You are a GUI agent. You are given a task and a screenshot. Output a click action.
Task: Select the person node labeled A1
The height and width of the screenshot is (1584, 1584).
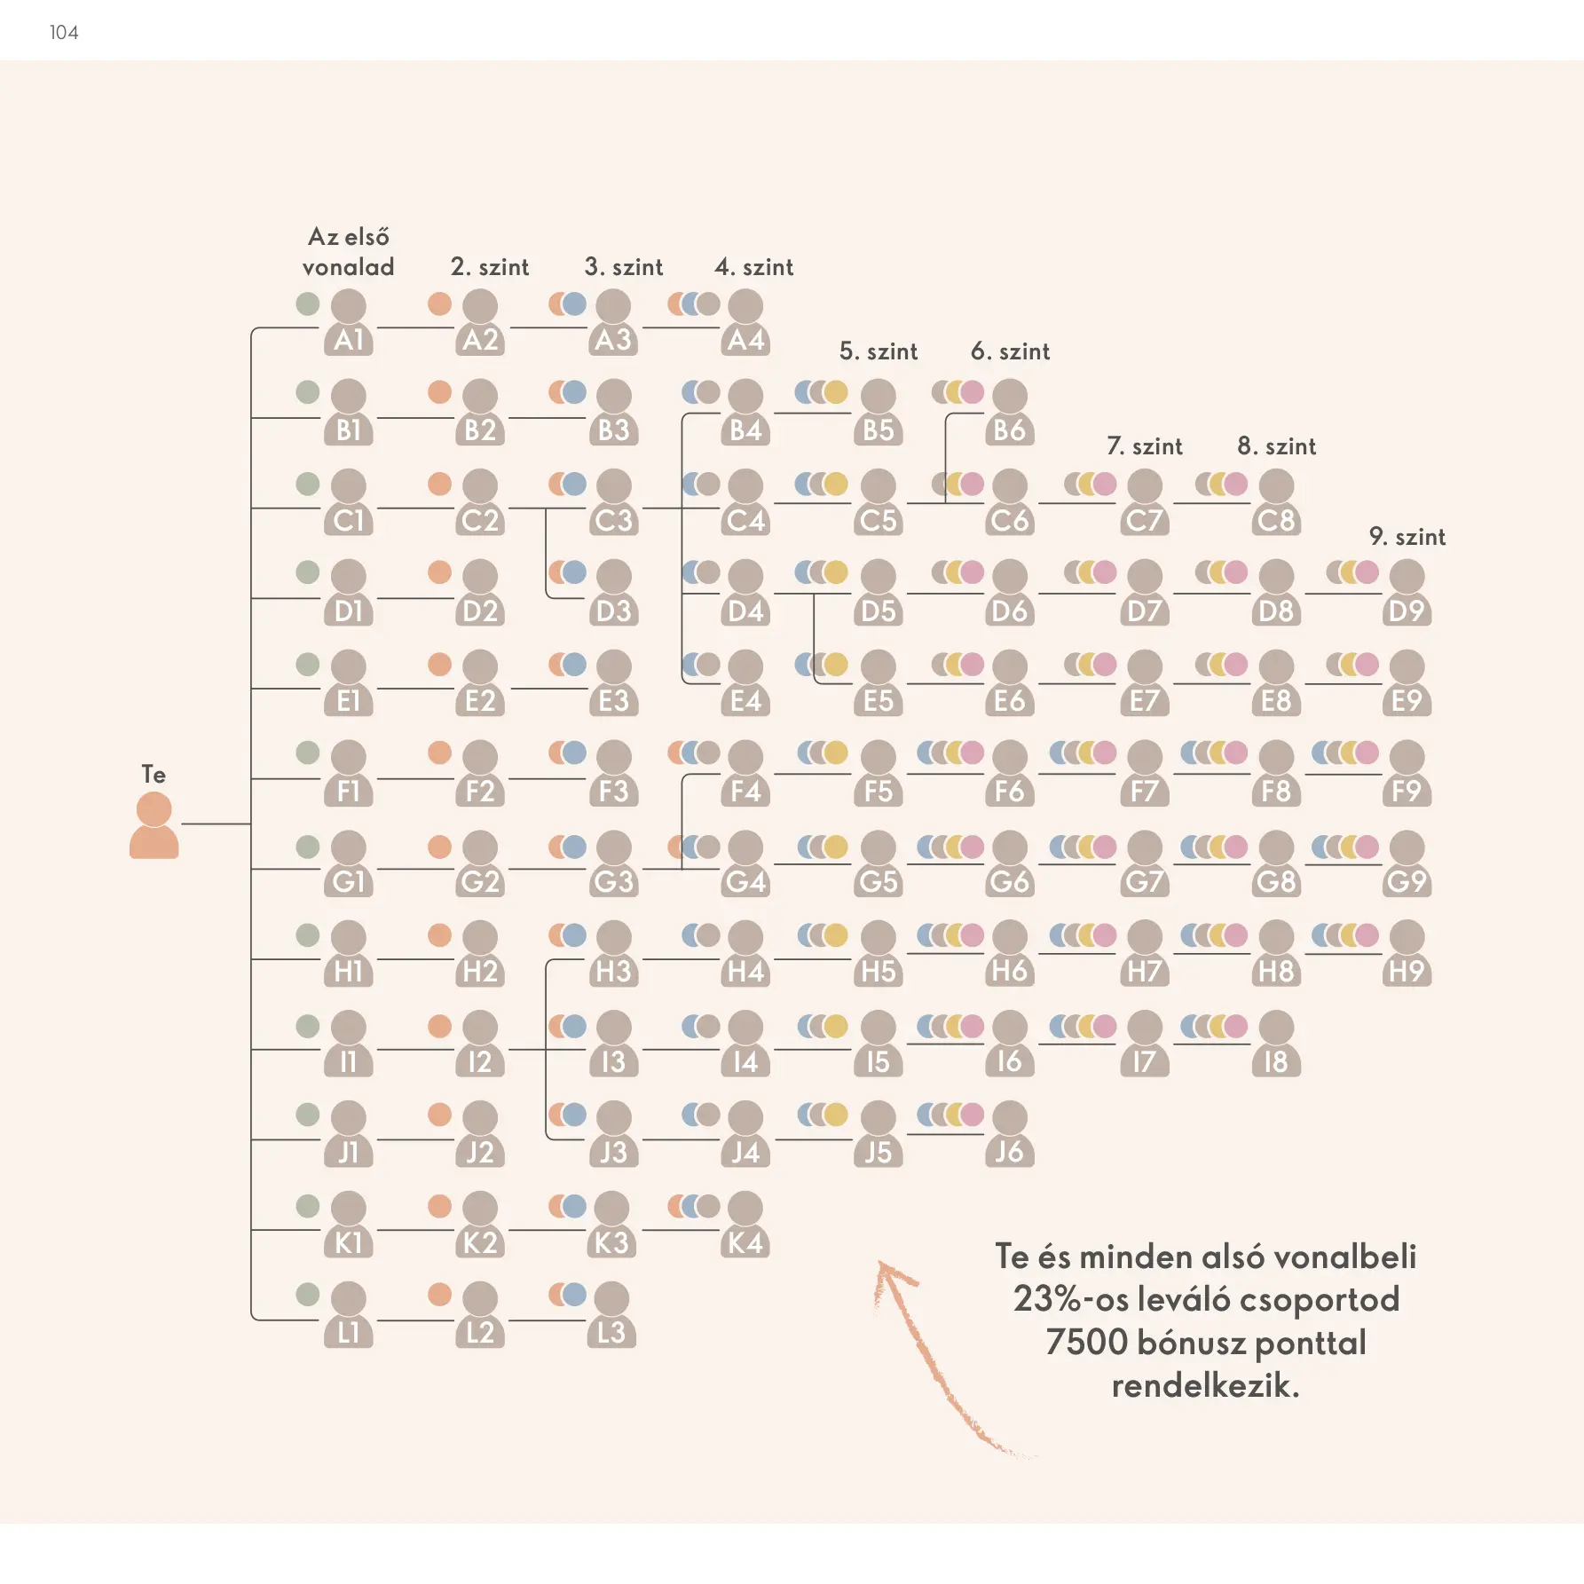point(349,323)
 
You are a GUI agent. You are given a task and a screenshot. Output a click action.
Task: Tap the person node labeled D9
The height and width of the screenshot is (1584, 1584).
point(1407,594)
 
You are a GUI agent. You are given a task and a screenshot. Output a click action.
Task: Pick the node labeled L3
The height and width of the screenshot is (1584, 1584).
point(611,1315)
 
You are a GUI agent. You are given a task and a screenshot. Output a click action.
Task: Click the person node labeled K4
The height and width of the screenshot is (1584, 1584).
point(745,1225)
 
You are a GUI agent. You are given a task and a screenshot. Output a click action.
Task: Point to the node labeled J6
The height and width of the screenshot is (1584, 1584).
point(1010,1134)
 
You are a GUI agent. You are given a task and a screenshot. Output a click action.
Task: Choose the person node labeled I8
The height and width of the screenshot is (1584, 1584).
point(1276,1044)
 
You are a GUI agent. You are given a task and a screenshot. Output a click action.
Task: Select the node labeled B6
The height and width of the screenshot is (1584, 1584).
point(1010,413)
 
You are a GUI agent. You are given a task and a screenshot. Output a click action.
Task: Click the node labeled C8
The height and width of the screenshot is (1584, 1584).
point(1276,503)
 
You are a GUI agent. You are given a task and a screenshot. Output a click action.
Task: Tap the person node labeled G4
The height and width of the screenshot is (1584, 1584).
point(745,863)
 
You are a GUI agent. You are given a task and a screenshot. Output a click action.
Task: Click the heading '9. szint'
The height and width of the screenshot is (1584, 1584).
point(1407,537)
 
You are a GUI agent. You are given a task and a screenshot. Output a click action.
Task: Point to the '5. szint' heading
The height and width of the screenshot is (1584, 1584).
point(879,351)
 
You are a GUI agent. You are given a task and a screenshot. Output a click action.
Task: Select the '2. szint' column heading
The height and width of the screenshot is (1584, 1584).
point(490,267)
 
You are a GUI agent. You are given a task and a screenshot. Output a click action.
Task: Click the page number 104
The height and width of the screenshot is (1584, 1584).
point(64,33)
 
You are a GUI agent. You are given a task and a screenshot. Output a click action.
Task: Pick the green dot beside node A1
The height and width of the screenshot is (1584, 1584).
point(308,303)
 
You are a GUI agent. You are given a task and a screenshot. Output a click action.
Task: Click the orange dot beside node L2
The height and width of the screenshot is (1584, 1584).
point(439,1295)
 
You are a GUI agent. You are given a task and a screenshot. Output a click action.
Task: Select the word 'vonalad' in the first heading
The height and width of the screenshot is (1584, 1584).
point(348,267)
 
